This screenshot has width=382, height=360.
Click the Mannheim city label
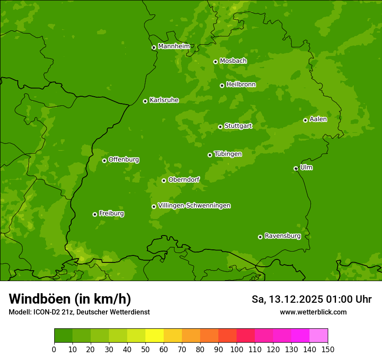click(174, 46)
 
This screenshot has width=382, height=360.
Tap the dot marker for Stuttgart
click(220, 127)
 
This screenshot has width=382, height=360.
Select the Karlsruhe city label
click(164, 100)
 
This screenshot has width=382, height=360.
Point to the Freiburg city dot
click(95, 214)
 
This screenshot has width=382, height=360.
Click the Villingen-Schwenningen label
click(194, 206)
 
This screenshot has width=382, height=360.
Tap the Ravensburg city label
click(282, 236)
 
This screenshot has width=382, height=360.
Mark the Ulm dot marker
click(296, 168)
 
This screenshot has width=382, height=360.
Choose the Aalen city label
click(318, 119)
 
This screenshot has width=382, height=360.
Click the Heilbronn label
click(240, 85)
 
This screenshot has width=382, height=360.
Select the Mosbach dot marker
click(215, 62)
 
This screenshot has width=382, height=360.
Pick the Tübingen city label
click(227, 154)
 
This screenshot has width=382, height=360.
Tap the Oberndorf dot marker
click(164, 180)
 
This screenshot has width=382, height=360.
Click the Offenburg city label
click(123, 160)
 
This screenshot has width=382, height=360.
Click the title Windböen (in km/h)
click(69, 299)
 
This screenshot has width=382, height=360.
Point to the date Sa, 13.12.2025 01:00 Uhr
click(311, 299)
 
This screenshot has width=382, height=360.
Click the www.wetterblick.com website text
click(313, 312)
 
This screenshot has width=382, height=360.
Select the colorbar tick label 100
click(237, 349)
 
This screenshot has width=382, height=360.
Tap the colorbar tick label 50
click(145, 349)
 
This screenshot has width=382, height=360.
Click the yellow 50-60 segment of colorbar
click(155, 336)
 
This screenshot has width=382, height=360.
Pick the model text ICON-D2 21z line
click(79, 312)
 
